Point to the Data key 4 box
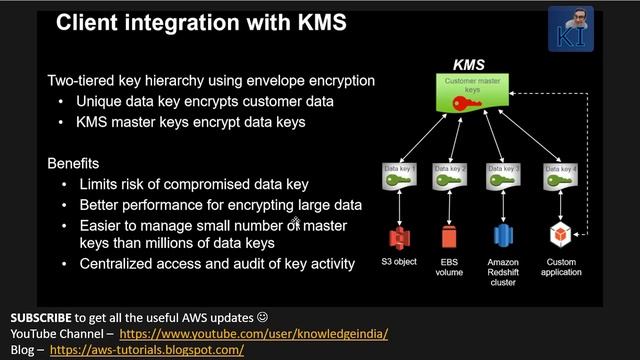pyautogui.click(x=558, y=177)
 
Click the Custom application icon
pyautogui.click(x=558, y=238)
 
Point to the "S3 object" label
pyautogui.click(x=398, y=262)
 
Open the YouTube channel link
pyautogui.click(x=254, y=333)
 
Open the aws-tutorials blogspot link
pyautogui.click(x=146, y=350)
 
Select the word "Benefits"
pyautogui.click(x=74, y=163)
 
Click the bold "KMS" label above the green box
pyautogui.click(x=469, y=65)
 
